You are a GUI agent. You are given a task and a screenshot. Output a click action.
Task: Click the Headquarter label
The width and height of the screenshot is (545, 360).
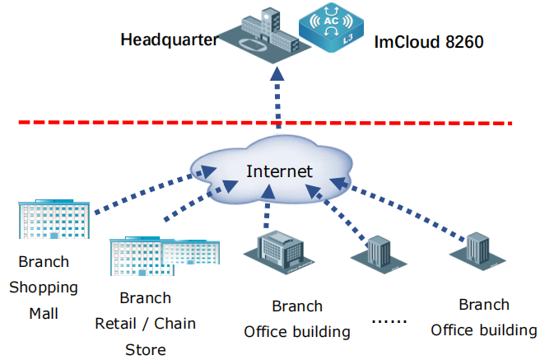tap(169, 40)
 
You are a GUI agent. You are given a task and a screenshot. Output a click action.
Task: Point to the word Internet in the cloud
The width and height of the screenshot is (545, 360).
tap(280, 171)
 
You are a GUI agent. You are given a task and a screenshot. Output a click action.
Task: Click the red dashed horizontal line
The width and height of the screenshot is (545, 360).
tap(123, 124)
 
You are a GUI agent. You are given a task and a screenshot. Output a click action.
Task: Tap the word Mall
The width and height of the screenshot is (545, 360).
tap(44, 313)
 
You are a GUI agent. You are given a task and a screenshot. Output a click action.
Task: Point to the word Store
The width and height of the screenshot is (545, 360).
tap(146, 348)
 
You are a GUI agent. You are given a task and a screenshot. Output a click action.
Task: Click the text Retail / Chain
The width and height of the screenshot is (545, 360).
tap(146, 324)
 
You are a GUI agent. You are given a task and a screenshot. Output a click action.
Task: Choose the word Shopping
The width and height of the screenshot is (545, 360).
tap(44, 288)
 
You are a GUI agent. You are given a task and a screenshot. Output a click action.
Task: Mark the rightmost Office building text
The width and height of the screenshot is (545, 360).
tap(484, 330)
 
